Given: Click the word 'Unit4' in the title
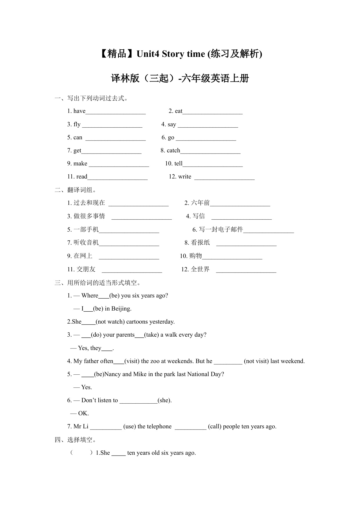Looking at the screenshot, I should pyautogui.click(x=148, y=54).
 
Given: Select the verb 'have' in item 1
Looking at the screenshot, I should pyautogui.click(x=79, y=111).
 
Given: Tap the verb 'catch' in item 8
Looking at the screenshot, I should pyautogui.click(x=173, y=151).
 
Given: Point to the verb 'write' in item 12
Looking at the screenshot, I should pyautogui.click(x=185, y=177).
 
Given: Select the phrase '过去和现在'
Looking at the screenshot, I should pyautogui.click(x=89, y=203).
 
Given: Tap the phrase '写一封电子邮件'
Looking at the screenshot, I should pyautogui.click(x=221, y=230).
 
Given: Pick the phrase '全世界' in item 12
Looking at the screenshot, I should pyautogui.click(x=200, y=269).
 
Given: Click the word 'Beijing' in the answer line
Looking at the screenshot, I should pyautogui.click(x=121, y=309).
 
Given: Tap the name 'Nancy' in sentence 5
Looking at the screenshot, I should pyautogui.click(x=113, y=374).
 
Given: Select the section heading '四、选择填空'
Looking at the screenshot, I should pyautogui.click(x=75, y=440).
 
